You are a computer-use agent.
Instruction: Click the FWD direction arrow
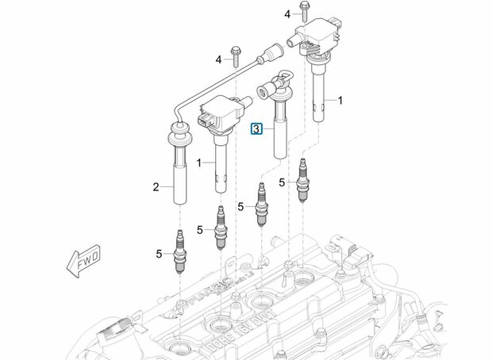point(83,259)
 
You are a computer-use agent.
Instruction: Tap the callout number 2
point(157,187)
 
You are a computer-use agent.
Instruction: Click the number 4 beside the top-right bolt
point(286,13)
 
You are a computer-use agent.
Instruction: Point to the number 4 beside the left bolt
point(217,59)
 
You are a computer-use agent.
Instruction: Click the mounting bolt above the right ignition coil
point(304,12)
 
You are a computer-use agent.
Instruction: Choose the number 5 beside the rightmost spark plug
point(281,182)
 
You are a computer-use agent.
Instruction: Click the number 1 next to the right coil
point(340,101)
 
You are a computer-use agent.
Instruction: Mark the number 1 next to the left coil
point(201,163)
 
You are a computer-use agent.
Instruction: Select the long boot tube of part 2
point(179,175)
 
